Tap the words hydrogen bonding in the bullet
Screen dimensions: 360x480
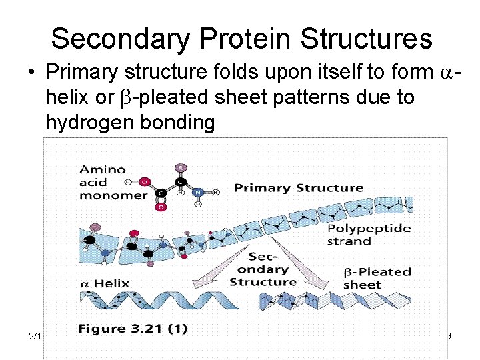coord(130,123)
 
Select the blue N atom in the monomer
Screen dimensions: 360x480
coord(198,192)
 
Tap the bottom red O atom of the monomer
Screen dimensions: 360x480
coord(161,207)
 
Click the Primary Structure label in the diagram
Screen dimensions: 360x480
coord(299,188)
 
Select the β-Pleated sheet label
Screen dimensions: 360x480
coord(377,278)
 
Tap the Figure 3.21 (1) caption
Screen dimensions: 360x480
coord(133,329)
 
